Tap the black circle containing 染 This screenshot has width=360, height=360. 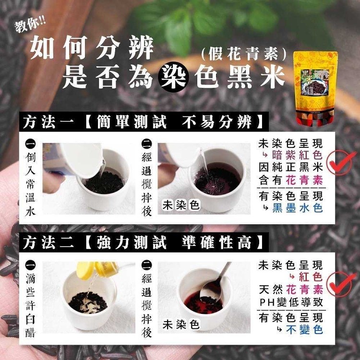[174, 77]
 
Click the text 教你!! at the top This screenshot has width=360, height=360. [30, 25]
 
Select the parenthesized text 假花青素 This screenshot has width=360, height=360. [243, 54]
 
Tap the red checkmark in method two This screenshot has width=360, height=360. [341, 284]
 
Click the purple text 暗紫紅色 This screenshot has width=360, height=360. [297, 155]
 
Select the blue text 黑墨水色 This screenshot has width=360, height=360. [298, 208]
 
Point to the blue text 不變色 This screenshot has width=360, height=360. [304, 330]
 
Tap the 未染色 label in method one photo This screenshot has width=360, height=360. [181, 205]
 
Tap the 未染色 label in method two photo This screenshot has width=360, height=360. [181, 324]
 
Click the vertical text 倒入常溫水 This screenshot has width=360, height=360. [30, 184]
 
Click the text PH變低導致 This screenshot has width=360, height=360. [291, 302]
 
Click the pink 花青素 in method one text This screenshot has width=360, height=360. [304, 180]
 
